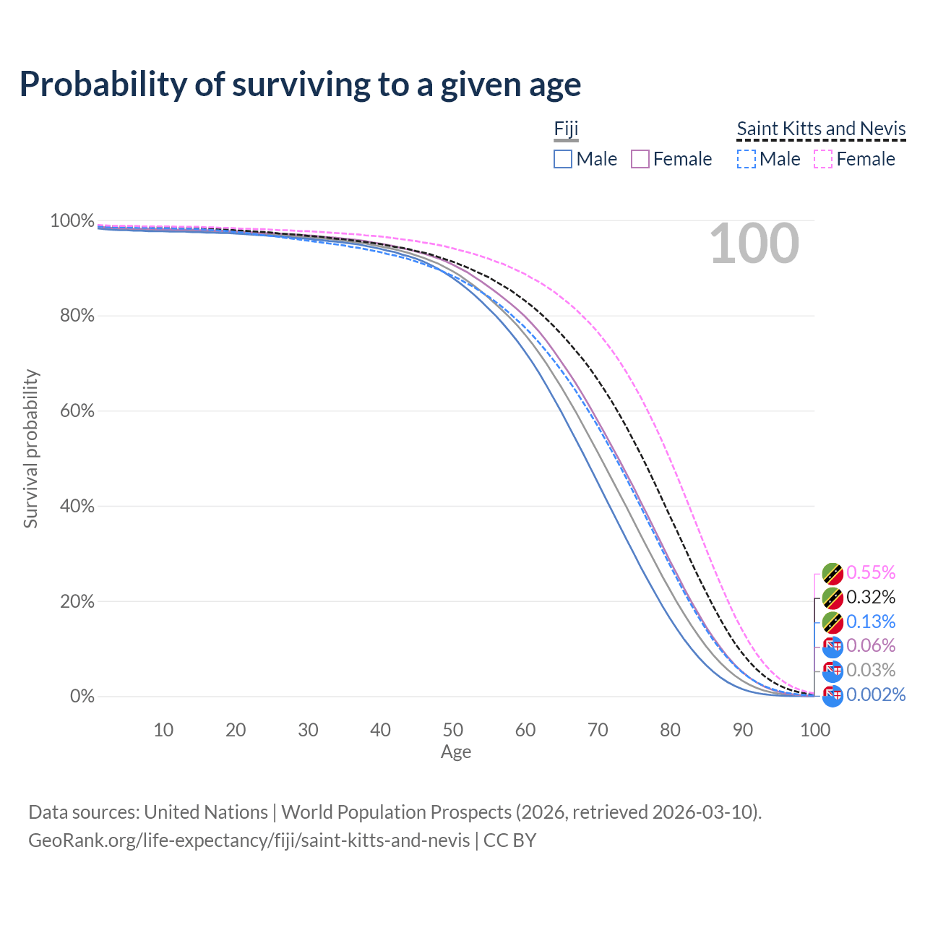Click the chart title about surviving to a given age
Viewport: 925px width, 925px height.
click(x=300, y=85)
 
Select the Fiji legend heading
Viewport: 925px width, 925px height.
click(x=566, y=129)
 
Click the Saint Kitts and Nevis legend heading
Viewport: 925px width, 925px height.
click(x=821, y=129)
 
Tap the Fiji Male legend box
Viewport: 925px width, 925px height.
click(x=563, y=159)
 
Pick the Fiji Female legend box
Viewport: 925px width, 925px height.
click(x=640, y=159)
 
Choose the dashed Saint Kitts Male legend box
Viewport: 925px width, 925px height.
click(x=747, y=159)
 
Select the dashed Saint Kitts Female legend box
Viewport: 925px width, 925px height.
click(x=824, y=159)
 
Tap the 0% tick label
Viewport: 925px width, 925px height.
click(x=82, y=697)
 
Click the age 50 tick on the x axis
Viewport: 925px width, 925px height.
click(x=453, y=730)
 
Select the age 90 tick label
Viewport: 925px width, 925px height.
click(x=743, y=730)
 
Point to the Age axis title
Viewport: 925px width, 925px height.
click(x=456, y=752)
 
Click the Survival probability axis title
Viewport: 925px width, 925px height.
click(x=30, y=449)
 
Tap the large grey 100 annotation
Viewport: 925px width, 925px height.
click(x=754, y=244)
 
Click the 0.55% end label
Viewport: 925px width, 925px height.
click(x=871, y=573)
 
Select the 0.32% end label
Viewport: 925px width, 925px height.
click(x=871, y=598)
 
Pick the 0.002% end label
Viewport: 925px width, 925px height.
click(x=876, y=695)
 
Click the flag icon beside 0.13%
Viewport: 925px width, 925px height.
click(x=832, y=622)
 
